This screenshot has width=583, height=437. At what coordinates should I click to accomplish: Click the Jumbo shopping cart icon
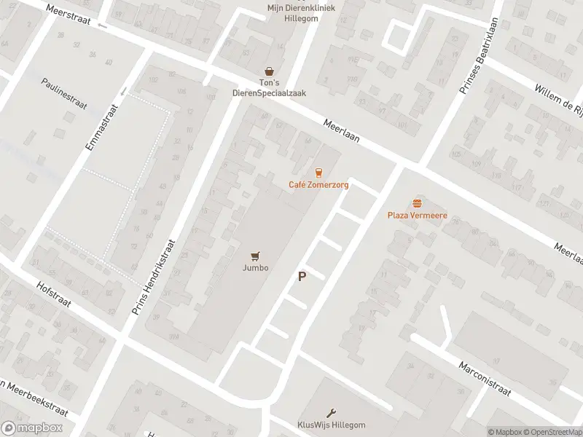pyautogui.click(x=255, y=256)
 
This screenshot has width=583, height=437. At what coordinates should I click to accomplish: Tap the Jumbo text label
pyautogui.click(x=255, y=268)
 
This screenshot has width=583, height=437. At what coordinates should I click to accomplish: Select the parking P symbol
pyautogui.click(x=302, y=277)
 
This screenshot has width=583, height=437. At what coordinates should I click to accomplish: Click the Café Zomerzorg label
pyautogui.click(x=318, y=185)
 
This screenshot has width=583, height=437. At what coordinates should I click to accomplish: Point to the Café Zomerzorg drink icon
pyautogui.click(x=318, y=173)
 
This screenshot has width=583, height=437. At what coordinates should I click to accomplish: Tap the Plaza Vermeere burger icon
pyautogui.click(x=417, y=202)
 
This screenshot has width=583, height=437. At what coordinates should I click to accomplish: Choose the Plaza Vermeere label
pyautogui.click(x=417, y=216)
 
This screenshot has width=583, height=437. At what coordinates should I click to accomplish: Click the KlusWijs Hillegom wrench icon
pyautogui.click(x=332, y=412)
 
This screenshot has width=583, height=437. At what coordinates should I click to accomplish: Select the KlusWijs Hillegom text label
pyautogui.click(x=332, y=425)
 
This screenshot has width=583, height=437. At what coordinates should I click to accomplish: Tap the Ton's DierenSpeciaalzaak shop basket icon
pyautogui.click(x=270, y=71)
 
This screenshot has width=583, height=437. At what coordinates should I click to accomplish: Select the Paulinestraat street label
pyautogui.click(x=64, y=94)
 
